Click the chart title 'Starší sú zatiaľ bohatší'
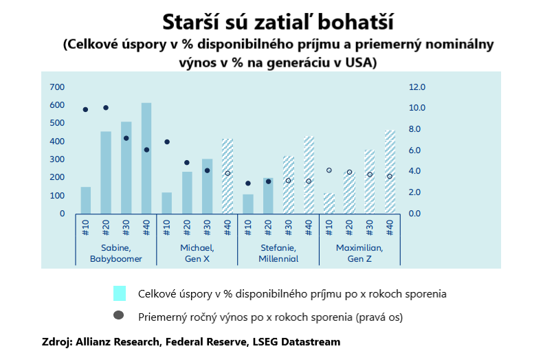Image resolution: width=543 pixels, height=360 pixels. pyautogui.click(x=278, y=22)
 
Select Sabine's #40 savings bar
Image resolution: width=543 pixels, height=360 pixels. pyautogui.click(x=146, y=158)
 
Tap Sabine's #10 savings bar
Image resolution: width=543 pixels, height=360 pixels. pyautogui.click(x=86, y=200)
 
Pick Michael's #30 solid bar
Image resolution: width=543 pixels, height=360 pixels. pyautogui.click(x=207, y=186)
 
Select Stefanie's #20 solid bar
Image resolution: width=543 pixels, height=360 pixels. pyautogui.click(x=268, y=196)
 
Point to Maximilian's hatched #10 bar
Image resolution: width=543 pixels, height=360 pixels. pyautogui.click(x=329, y=203)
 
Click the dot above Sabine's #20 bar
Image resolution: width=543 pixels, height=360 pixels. pyautogui.click(x=106, y=108)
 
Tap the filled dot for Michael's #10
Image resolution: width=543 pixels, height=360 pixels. pyautogui.click(x=167, y=142)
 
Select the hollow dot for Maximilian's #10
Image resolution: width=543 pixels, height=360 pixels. pyautogui.click(x=329, y=170)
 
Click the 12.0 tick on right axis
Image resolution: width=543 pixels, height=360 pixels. pyautogui.click(x=417, y=87)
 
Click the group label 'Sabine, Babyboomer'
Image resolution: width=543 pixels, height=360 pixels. pyautogui.click(x=115, y=253)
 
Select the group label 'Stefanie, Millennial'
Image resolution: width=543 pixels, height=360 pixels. pyautogui.click(x=278, y=253)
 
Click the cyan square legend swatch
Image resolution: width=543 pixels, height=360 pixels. pyautogui.click(x=120, y=293)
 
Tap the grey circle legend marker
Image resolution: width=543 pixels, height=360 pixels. pyautogui.click(x=119, y=315)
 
